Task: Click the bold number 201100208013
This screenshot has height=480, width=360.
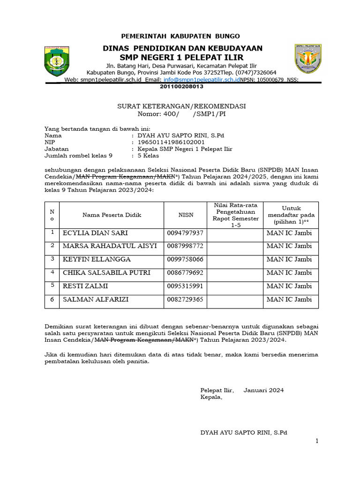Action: click(x=182, y=87)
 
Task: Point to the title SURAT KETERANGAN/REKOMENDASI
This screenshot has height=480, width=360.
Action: click(x=181, y=106)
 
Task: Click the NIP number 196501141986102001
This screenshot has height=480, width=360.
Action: click(x=171, y=142)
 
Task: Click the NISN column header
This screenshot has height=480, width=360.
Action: click(x=186, y=215)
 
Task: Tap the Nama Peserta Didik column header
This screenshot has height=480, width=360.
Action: click(x=112, y=215)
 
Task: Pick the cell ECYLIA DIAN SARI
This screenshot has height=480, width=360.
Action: click(x=95, y=233)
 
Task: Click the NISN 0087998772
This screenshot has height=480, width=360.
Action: click(x=185, y=246)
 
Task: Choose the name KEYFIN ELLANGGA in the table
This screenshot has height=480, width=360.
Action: click(x=97, y=259)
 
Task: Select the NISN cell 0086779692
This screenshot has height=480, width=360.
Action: click(x=185, y=272)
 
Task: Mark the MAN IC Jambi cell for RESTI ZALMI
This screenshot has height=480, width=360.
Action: click(x=289, y=286)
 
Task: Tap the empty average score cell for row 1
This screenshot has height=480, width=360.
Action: click(x=235, y=233)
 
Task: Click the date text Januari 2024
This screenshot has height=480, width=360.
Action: click(x=263, y=390)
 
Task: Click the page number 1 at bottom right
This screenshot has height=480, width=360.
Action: click(x=317, y=441)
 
